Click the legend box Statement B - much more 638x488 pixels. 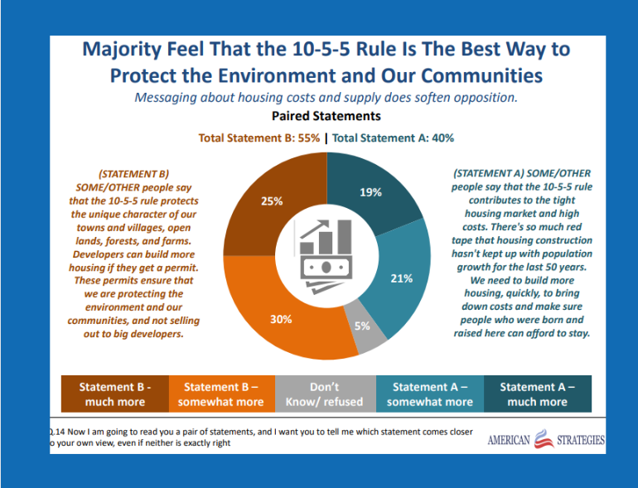pyautogui.click(x=114, y=394)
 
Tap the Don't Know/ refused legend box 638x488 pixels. pyautogui.click(x=325, y=394)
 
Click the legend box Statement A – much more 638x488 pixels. pyautogui.click(x=537, y=394)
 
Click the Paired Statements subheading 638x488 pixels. pyautogui.click(x=326, y=116)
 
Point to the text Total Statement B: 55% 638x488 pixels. pyautogui.click(x=259, y=138)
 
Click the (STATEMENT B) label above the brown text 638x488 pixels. pyautogui.click(x=133, y=174)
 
